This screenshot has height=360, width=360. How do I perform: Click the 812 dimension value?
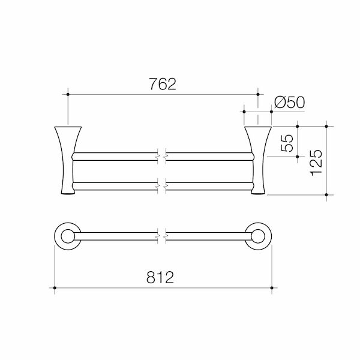point(162,278)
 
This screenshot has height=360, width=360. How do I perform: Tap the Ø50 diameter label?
point(289,103)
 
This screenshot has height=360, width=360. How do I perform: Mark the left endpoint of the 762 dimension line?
point(68,94)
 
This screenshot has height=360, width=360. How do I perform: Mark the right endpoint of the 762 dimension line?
point(258,94)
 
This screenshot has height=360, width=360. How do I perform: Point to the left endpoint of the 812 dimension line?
point(55,289)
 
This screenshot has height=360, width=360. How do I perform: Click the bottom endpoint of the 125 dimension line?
point(326,195)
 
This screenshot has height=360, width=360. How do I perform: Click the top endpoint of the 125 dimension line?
point(326,127)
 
